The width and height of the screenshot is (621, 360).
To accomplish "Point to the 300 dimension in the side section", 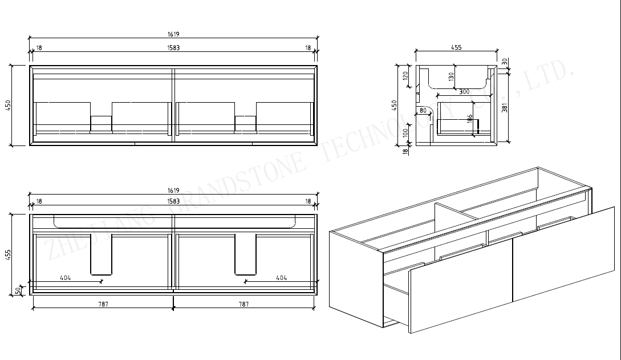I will click(x=464, y=92).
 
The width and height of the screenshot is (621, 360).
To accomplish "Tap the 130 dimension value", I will click(x=451, y=77).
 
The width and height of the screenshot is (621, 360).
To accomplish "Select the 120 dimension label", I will click(x=406, y=77).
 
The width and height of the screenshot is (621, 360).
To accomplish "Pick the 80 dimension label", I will click(x=423, y=110).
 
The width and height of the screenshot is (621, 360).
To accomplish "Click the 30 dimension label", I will click(x=505, y=61).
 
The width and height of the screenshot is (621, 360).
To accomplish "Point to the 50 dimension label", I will click(x=18, y=290).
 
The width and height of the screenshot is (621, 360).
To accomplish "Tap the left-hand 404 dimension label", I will click(x=65, y=278).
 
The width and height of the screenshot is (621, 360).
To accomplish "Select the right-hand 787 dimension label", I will click(x=243, y=304).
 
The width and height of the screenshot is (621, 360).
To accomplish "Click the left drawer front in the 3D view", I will click(x=461, y=297).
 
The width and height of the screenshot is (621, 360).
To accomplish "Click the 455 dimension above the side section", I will click(x=456, y=48).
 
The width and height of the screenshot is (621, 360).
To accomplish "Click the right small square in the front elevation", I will click(x=245, y=123).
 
